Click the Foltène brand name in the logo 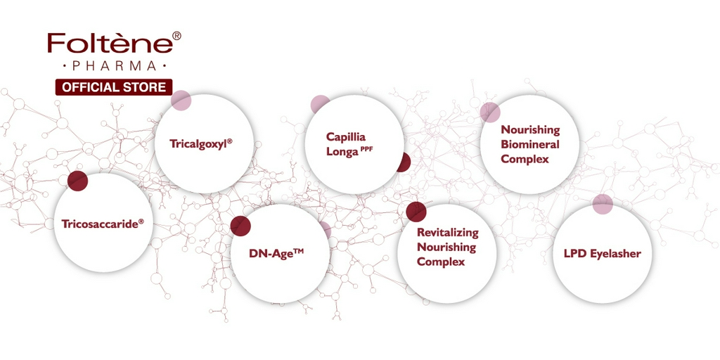click(110, 43)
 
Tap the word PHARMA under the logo click(115, 66)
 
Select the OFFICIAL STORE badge click(114, 87)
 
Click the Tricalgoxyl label click(200, 143)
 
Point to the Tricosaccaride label click(103, 224)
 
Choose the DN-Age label click(276, 253)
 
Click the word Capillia click(346, 137)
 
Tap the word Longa click(342, 152)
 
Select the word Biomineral click(530, 144)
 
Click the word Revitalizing click(448, 232)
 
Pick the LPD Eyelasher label click(603, 253)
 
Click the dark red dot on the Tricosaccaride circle click(77, 181)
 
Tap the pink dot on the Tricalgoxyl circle click(181, 101)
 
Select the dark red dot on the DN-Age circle click(240, 226)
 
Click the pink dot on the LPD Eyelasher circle click(603, 204)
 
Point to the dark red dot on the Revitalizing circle click(416, 212)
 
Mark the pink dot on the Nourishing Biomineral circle click(490, 112)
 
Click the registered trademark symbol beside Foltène click(176, 35)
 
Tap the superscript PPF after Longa click(366, 148)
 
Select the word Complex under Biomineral click(525, 160)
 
